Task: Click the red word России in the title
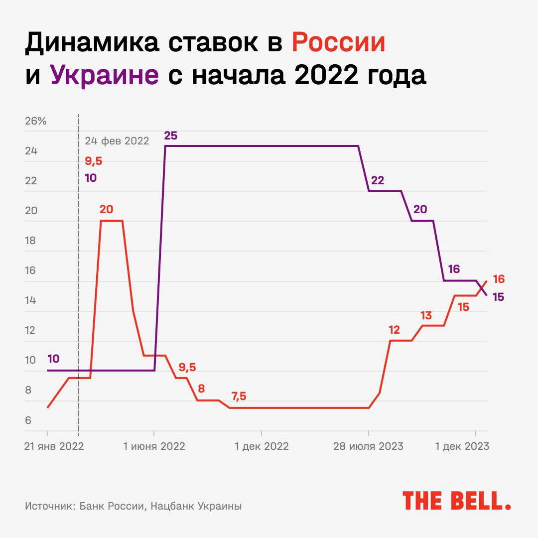(339, 43)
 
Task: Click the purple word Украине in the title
(105, 75)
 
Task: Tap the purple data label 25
(170, 135)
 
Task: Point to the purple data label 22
(378, 180)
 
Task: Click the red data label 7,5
(239, 397)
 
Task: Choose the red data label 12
(394, 330)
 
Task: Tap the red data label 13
(426, 315)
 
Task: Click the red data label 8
(201, 389)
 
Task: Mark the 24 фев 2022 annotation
(117, 140)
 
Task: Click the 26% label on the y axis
(35, 121)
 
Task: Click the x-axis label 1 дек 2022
(262, 446)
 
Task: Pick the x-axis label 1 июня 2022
(154, 446)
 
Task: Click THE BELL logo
(457, 500)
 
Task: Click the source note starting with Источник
(133, 506)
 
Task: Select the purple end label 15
(498, 297)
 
